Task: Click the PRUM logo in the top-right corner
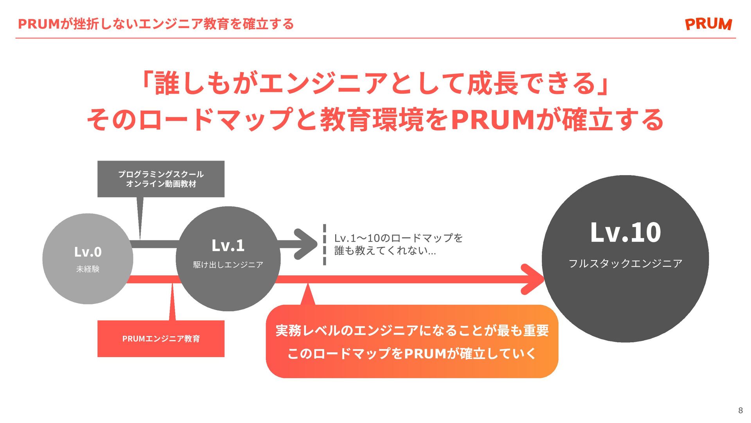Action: [708, 24]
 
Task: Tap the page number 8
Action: [740, 410]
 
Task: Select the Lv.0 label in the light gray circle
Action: [88, 252]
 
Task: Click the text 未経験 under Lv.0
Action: [88, 269]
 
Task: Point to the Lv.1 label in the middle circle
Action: [228, 246]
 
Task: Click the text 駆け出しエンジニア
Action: [228, 265]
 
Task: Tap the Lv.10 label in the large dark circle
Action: [625, 232]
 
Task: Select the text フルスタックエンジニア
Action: [625, 263]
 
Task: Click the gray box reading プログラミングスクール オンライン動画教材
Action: [161, 179]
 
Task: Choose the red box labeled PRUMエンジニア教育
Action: [161, 338]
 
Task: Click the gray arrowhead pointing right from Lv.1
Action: [307, 244]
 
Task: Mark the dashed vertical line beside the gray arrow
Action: [324, 244]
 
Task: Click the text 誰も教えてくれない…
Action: [385, 251]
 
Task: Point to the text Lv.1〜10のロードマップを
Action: [398, 238]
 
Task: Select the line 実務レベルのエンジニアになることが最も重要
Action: [412, 331]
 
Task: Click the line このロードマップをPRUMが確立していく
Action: [412, 354]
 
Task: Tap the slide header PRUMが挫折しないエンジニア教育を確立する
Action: [156, 24]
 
